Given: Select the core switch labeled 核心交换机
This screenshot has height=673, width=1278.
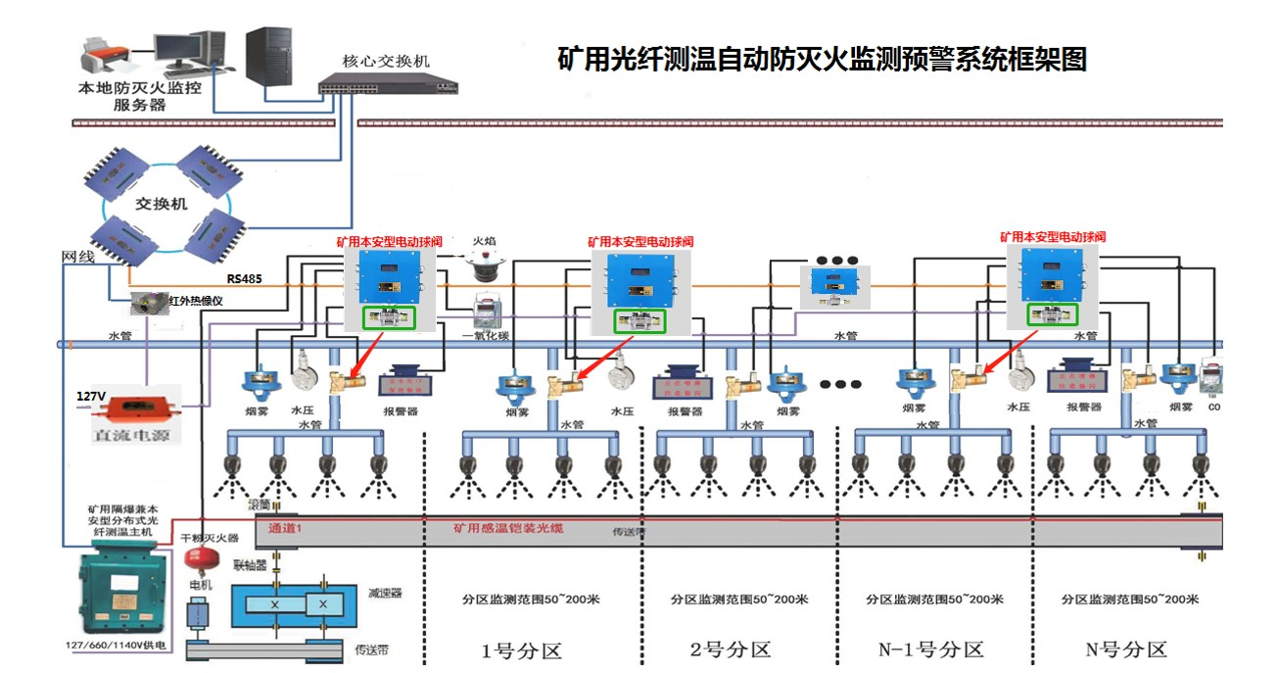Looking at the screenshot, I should [388, 86].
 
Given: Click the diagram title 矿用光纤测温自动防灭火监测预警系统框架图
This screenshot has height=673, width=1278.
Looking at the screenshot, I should [822, 59].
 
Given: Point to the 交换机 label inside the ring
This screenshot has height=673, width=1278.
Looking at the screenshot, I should [161, 205].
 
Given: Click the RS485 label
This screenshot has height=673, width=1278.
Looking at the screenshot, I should [244, 278].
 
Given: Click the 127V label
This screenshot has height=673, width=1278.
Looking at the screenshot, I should [91, 397].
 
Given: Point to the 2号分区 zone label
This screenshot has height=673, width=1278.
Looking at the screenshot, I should [730, 649].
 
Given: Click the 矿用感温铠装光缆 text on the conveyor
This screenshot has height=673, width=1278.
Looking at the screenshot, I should [507, 528].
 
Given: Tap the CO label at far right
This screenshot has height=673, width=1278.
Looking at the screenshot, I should [1213, 407].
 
